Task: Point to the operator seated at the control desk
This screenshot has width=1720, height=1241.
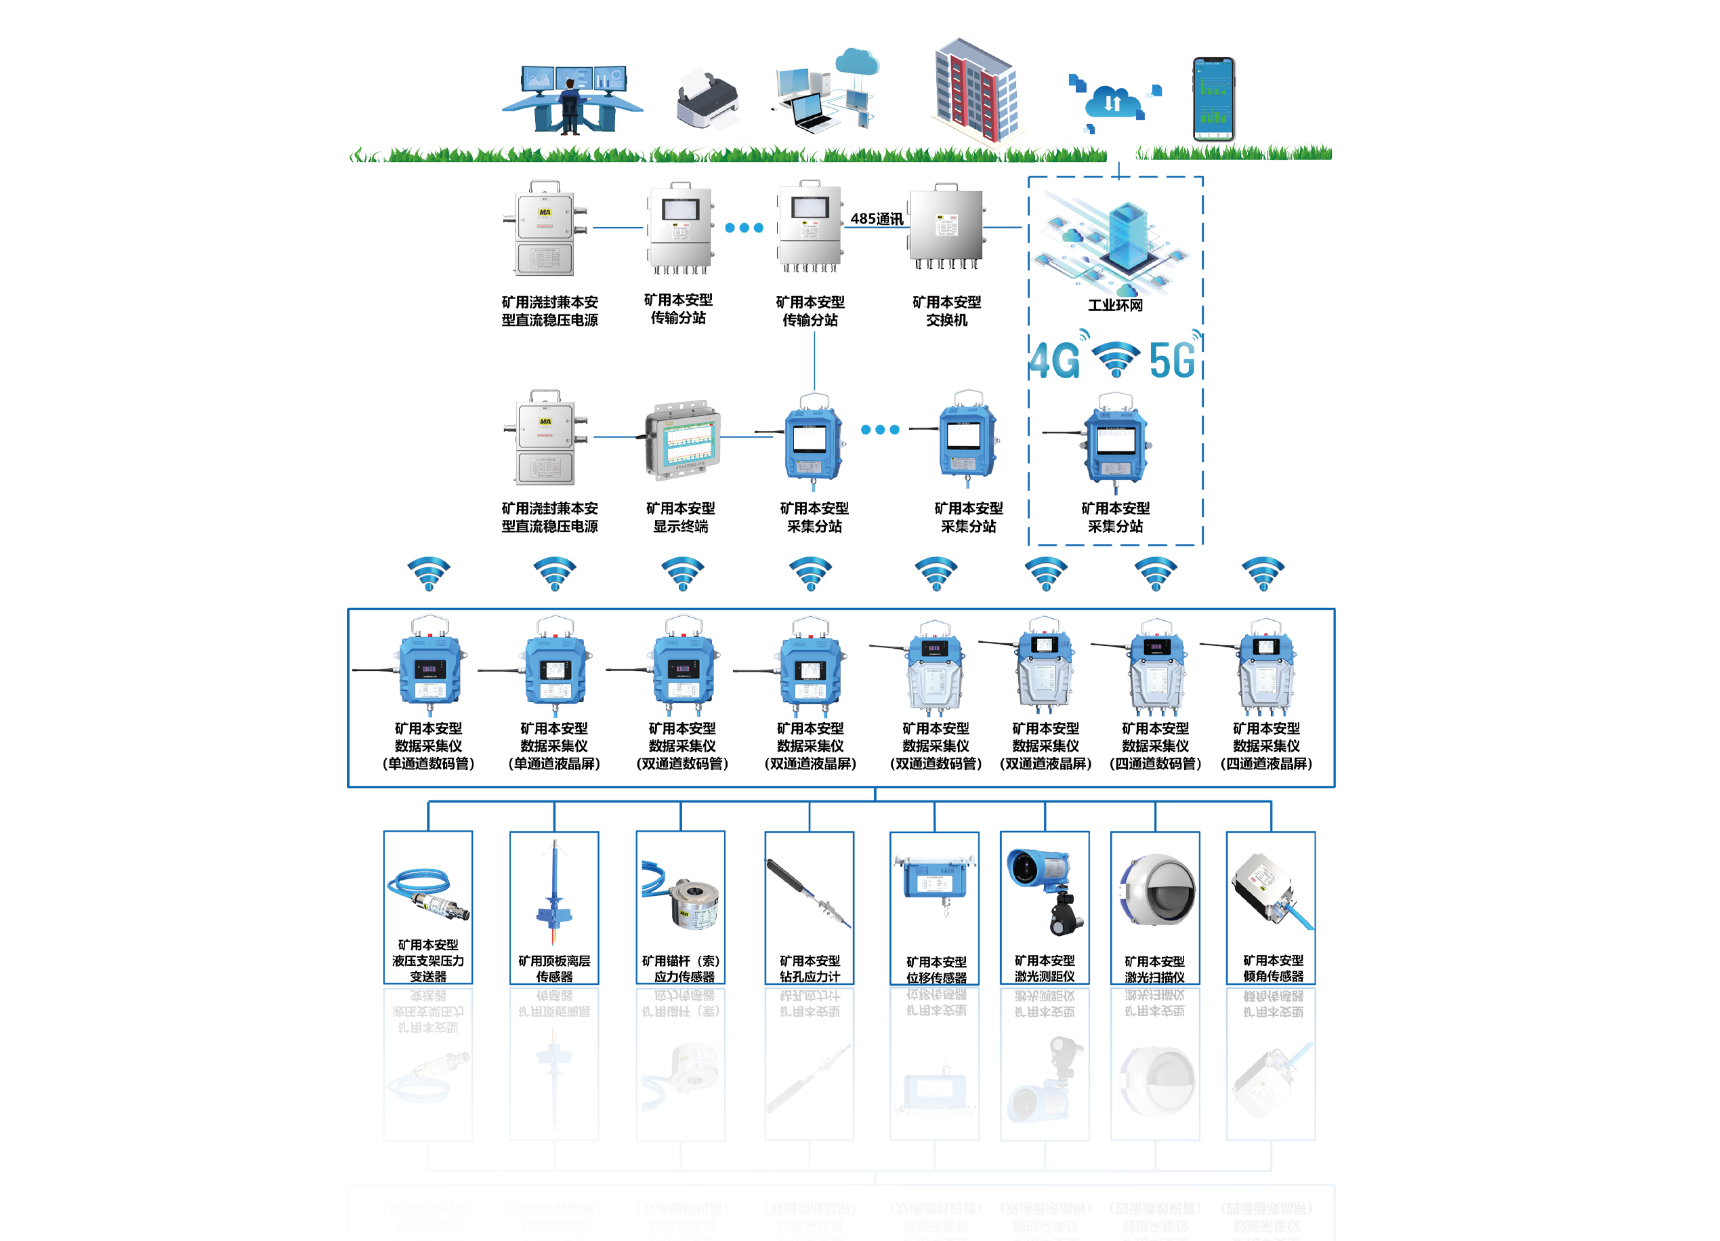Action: [569, 106]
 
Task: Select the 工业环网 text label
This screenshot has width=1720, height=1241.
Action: [1116, 304]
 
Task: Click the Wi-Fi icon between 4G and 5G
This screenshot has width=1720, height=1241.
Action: [1115, 359]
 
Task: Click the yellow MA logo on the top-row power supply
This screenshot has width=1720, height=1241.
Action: [545, 213]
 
